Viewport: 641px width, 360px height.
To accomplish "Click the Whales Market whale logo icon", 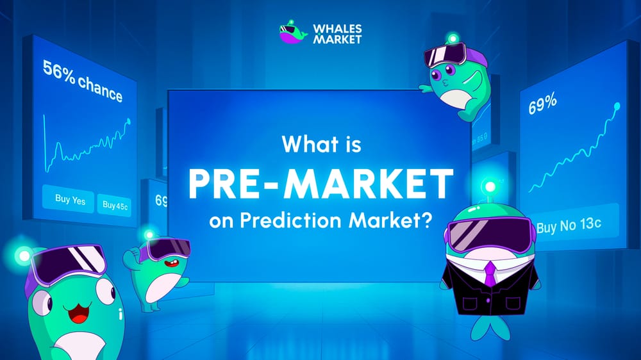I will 293,34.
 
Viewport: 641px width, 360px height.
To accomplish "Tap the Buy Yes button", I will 70,199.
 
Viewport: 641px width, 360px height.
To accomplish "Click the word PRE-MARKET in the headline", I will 320,183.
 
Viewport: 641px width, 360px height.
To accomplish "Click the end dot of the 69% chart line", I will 617,105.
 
